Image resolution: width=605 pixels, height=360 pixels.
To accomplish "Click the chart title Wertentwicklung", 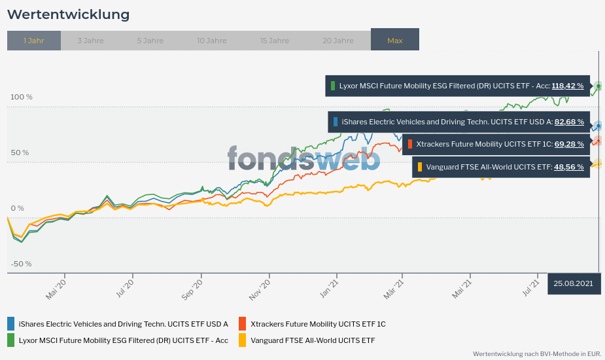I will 68,14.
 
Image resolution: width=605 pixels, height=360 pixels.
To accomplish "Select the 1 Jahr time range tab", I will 34,41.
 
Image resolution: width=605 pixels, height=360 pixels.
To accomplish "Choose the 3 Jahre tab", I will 90,41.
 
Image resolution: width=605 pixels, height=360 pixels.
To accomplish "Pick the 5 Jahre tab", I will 150,41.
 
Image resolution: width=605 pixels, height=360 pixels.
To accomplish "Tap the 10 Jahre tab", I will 212,41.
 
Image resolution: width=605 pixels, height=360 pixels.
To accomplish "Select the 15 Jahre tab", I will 275,41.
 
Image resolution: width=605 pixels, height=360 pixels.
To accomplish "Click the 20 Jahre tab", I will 338,41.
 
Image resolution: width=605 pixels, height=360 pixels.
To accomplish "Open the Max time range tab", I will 395,41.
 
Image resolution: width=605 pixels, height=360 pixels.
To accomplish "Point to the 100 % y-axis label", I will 22,98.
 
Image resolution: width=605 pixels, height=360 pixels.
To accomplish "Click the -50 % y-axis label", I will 21,264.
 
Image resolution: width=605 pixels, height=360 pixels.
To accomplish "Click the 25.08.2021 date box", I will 574,283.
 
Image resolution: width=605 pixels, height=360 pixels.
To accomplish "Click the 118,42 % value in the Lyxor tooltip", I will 568,86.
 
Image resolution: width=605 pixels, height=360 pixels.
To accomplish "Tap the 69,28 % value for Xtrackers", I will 569,144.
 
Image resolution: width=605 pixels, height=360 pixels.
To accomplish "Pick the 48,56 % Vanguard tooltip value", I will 569,167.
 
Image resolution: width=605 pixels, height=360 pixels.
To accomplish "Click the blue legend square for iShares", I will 11,323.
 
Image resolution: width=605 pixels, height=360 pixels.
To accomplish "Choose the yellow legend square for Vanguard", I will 242,340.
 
